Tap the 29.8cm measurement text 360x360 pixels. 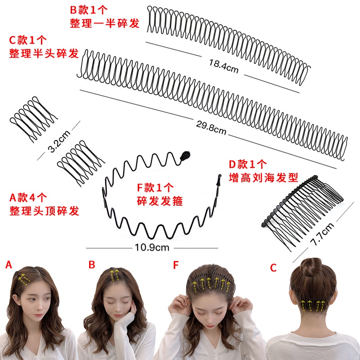point(211,128)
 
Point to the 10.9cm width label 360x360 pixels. point(152,247)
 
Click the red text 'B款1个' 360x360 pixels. point(90,9)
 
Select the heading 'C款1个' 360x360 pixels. point(28,40)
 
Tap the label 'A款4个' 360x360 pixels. point(28,197)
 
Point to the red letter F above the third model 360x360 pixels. point(175,265)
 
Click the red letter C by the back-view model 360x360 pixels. point(273,268)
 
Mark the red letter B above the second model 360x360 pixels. point(92,265)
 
